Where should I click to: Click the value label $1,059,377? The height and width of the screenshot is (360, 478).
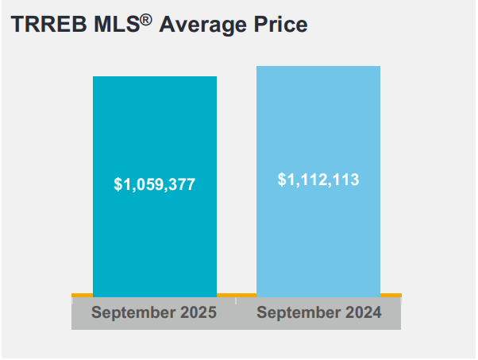(x=155, y=184)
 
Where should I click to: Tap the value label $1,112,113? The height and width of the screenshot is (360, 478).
(x=318, y=180)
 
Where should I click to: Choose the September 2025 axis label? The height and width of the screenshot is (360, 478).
(x=154, y=312)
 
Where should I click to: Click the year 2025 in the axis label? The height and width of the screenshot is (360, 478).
(x=199, y=312)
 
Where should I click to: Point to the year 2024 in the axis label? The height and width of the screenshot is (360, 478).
(x=364, y=312)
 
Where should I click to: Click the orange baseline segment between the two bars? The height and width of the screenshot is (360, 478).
(x=237, y=295)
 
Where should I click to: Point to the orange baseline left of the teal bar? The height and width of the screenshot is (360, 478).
(x=82, y=295)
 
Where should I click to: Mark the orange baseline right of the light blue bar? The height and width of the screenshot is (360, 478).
(x=391, y=295)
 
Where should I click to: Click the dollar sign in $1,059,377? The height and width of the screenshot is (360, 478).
(x=118, y=184)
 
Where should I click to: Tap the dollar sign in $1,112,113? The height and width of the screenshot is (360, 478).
(x=282, y=180)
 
